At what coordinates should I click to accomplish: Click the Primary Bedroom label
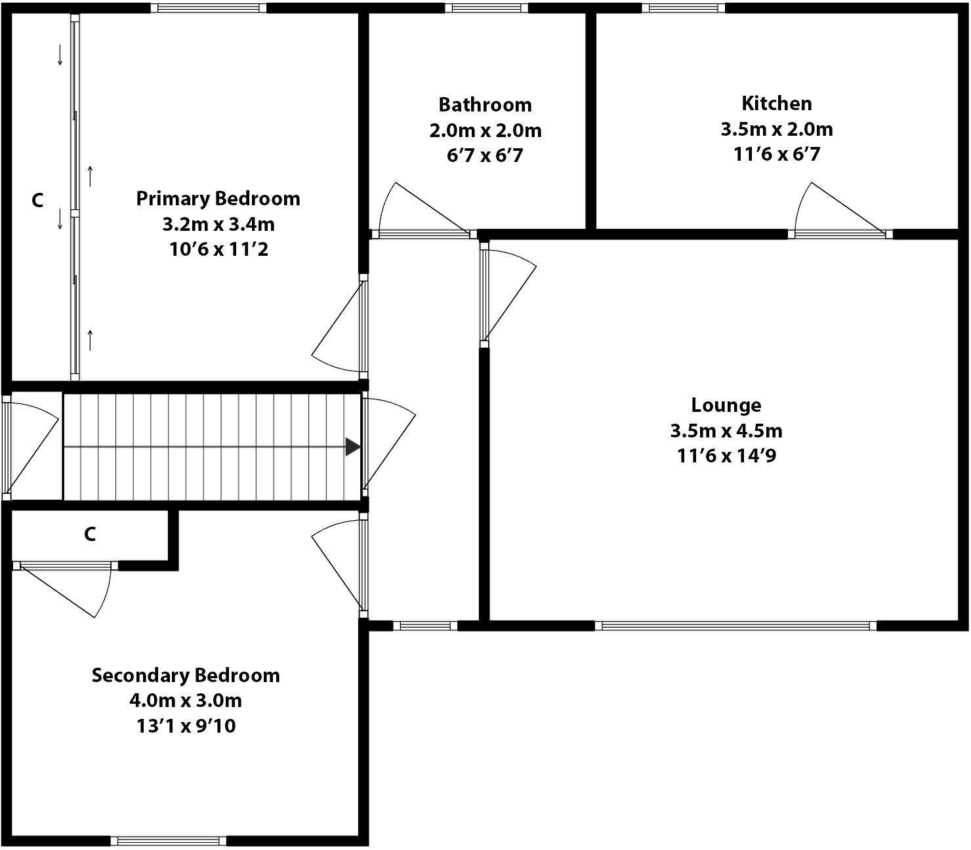point(218,198)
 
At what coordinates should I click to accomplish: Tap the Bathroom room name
point(485,104)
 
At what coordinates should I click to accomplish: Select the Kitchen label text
point(776,103)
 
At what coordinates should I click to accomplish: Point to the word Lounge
point(726,405)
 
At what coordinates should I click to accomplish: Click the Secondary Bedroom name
point(186,675)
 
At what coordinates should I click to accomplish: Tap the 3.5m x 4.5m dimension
point(726,430)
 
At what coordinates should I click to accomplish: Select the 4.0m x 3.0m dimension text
point(186,700)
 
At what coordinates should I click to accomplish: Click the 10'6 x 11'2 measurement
point(218,249)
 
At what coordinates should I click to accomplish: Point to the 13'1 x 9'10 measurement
point(186,725)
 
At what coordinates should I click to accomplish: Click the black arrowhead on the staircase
point(352,447)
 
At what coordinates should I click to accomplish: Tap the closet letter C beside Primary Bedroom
point(37,200)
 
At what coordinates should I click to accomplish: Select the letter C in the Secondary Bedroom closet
point(90,535)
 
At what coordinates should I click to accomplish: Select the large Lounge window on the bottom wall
point(735,626)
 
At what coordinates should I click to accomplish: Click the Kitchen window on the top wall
point(683,8)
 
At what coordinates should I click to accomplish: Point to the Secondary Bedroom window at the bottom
point(169,841)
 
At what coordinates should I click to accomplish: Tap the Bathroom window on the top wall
point(486,8)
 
